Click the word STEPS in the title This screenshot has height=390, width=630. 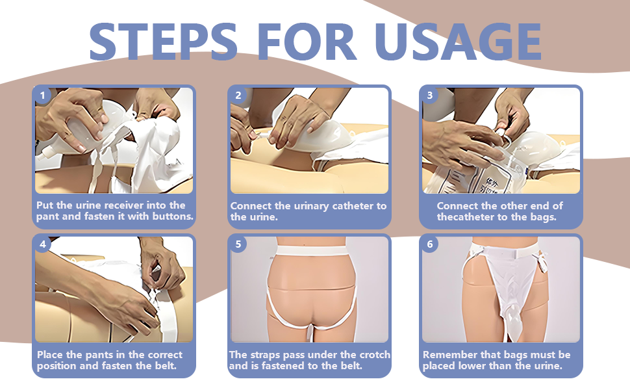pos(163,42)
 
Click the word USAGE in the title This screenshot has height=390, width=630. pos(458,42)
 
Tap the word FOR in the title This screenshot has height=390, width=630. pos(307,42)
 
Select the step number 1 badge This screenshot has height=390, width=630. pos(43,96)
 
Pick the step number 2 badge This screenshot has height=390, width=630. pos(238,96)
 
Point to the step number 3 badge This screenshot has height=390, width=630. pos(430,96)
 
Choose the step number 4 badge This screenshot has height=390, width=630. pos(43,244)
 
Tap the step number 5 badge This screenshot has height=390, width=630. pos(238,244)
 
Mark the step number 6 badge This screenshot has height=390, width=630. pos(430,244)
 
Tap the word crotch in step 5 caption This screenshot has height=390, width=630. pos(375,355)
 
